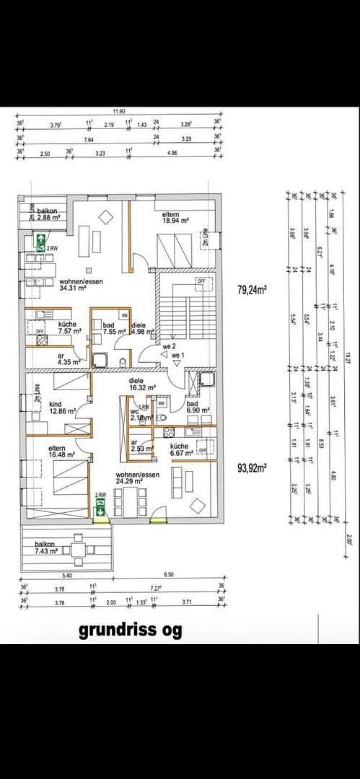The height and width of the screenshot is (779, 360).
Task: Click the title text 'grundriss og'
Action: coord(130,631)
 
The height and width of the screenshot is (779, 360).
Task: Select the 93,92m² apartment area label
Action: coord(253,467)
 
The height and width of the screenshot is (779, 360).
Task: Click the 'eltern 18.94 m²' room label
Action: coord(175,219)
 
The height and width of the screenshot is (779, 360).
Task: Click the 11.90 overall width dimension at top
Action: coord(120,112)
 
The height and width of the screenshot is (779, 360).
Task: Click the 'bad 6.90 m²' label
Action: coord(198,408)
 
